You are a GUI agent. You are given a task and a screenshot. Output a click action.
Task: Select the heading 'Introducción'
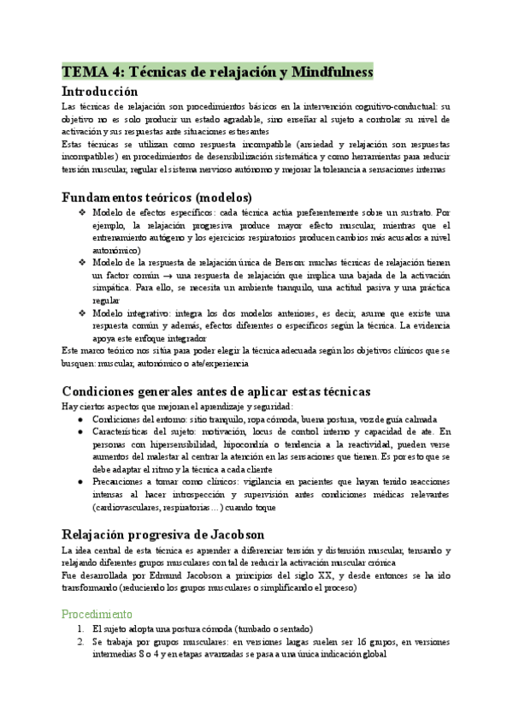click(x=99, y=91)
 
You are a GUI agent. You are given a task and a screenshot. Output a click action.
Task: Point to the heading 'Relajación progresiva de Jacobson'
click(x=162, y=534)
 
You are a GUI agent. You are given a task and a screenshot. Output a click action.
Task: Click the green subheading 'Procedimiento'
click(x=97, y=614)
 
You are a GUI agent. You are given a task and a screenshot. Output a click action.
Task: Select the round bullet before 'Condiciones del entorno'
click(x=80, y=420)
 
